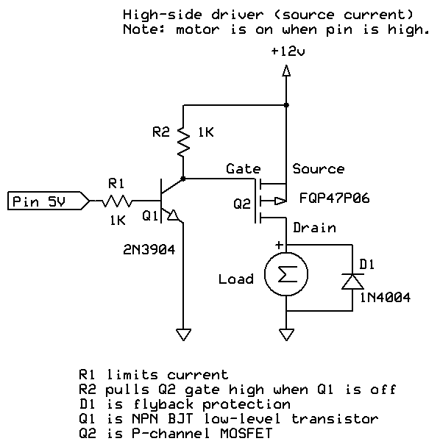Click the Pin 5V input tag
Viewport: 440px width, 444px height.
click(49, 201)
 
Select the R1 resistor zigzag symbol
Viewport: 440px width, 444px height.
click(117, 201)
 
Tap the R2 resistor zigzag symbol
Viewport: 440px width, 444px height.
click(183, 142)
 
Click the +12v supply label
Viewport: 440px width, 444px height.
click(288, 51)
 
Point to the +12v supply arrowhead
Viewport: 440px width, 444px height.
click(286, 71)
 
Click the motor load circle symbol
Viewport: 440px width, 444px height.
click(286, 274)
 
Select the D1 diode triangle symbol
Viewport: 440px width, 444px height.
click(352, 282)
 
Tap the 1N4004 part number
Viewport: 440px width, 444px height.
click(385, 298)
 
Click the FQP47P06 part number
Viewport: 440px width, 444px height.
click(335, 198)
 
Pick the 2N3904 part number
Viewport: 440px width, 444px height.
click(149, 250)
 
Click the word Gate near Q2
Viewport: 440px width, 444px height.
click(244, 169)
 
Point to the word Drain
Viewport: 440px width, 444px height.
click(314, 228)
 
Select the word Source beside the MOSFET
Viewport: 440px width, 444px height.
click(319, 169)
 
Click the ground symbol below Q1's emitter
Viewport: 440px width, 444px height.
click(183, 334)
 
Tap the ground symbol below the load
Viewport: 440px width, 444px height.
click(286, 334)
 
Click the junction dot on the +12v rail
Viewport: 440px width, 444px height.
click(286, 105)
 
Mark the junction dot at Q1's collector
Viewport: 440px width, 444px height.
click(183, 179)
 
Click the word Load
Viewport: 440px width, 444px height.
click(236, 279)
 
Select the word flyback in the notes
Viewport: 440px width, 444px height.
click(163, 404)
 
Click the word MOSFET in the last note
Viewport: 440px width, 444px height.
click(246, 433)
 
